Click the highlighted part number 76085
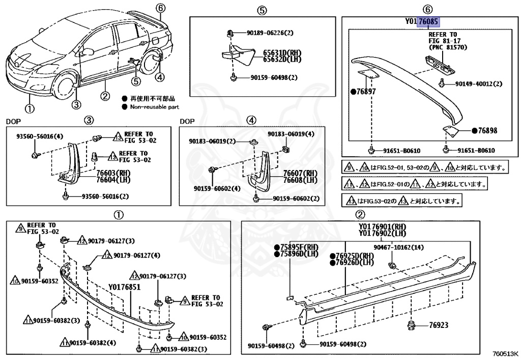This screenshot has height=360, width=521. pyautogui.click(x=429, y=22)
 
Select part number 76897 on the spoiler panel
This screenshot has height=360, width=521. pyautogui.click(x=365, y=92)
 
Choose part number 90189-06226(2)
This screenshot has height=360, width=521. pyautogui.click(x=271, y=33)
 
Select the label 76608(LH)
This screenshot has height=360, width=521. pyautogui.click(x=300, y=180)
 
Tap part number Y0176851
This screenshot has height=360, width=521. pyautogui.click(x=124, y=288)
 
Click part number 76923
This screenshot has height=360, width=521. pyautogui.click(x=439, y=325)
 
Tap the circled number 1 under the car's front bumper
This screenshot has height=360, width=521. pyautogui.click(x=30, y=108)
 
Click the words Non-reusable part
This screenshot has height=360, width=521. pyautogui.click(x=154, y=107)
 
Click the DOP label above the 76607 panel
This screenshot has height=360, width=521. pyautogui.click(x=187, y=121)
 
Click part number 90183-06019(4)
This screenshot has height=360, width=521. pyautogui.click(x=291, y=134)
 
